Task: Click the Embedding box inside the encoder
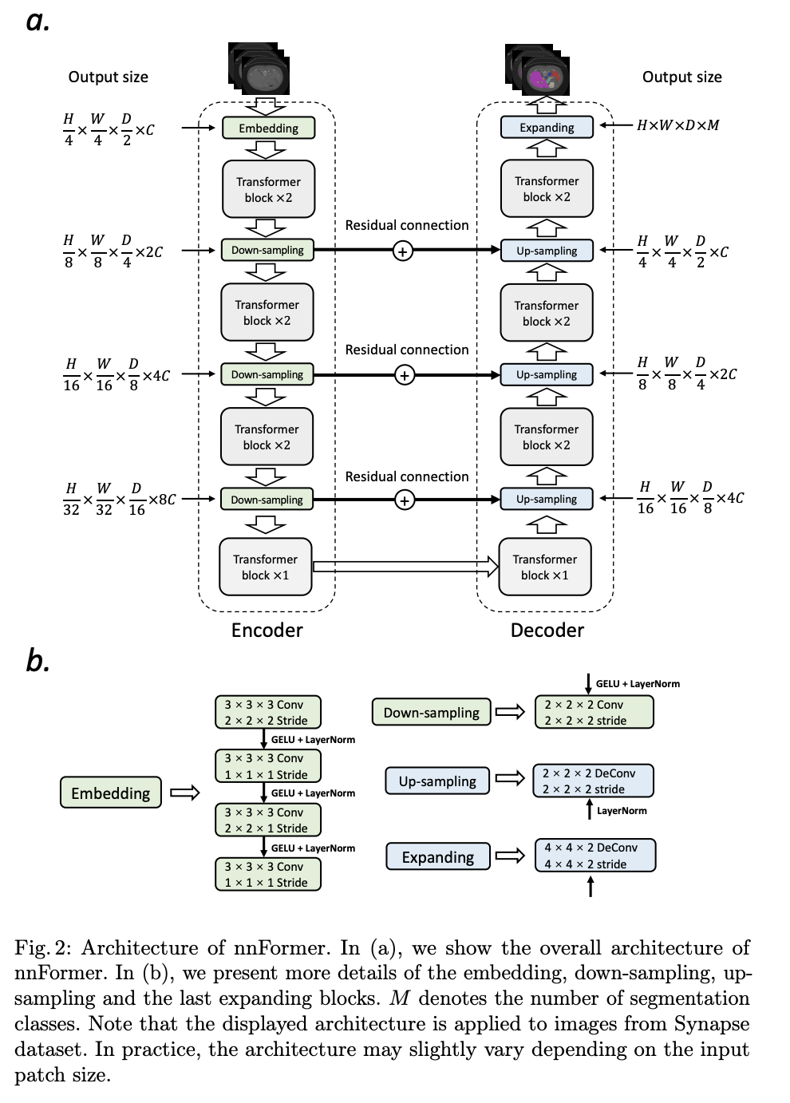click(268, 128)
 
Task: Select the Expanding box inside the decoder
click(547, 127)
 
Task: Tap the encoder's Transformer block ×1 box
click(265, 567)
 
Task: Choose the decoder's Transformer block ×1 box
click(545, 567)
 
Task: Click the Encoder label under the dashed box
click(267, 631)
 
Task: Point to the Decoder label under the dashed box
click(547, 631)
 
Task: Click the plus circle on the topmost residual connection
click(403, 251)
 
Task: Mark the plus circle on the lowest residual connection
click(405, 500)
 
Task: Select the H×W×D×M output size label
click(677, 125)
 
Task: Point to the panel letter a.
click(38, 21)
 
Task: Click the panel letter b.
click(37, 660)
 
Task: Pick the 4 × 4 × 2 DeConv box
click(594, 856)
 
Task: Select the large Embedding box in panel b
click(110, 793)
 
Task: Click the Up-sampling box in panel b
click(436, 781)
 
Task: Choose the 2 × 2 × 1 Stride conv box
click(267, 820)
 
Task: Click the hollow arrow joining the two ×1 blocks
click(405, 567)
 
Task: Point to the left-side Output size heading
click(108, 77)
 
